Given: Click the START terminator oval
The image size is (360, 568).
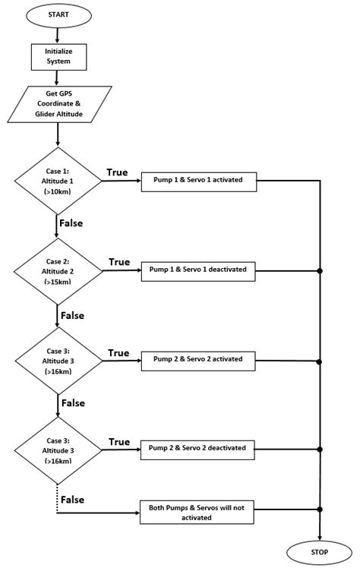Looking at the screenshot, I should tap(58, 15).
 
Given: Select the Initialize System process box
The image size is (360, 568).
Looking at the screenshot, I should tap(58, 55).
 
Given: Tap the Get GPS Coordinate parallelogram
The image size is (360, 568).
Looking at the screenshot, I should tap(58, 104).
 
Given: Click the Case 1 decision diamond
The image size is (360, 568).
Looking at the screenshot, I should tap(58, 181).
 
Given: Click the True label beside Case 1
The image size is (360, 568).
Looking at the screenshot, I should tap(118, 172).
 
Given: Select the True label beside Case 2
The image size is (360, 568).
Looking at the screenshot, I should tap(118, 262).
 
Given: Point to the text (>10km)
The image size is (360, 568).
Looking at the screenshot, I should tap(58, 194).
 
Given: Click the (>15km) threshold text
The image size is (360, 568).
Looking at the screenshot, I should tap(58, 282).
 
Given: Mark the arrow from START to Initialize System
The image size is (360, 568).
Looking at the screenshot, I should tap(58, 35).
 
